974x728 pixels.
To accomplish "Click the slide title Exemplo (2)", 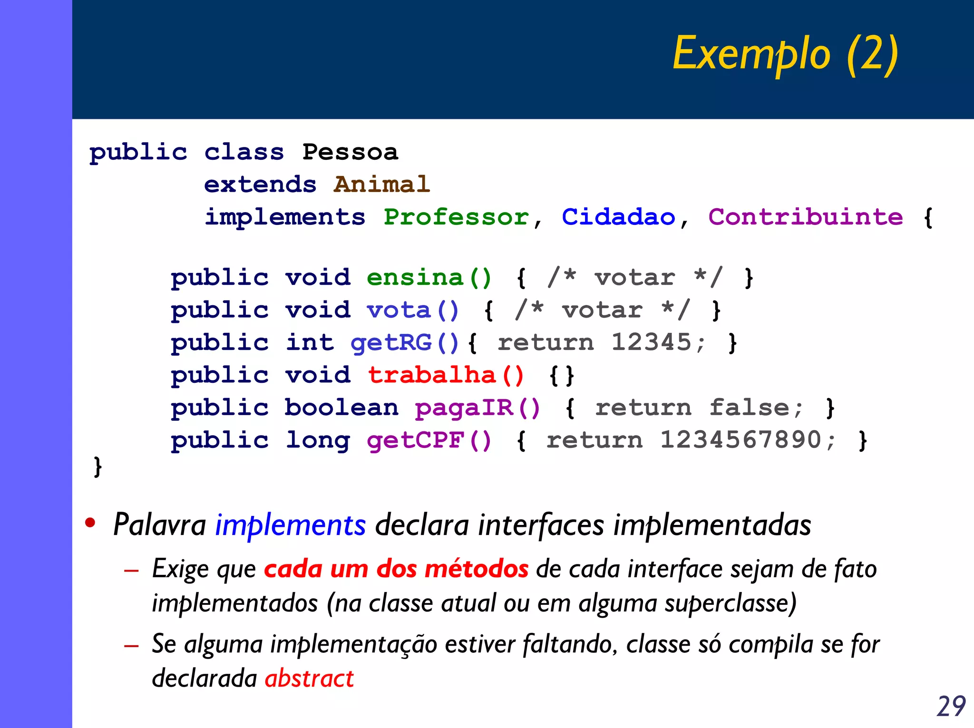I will (785, 54).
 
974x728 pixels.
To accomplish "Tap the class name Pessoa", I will (350, 153).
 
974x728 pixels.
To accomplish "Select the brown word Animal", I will (382, 184).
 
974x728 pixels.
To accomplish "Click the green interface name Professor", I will (456, 217).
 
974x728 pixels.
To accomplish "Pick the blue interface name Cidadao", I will (618, 217).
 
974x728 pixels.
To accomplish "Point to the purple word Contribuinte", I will (805, 217).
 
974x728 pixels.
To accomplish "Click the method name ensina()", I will (429, 278).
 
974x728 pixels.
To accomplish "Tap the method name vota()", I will (412, 311).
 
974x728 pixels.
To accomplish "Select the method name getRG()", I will (405, 343).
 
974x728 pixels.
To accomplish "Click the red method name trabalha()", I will (446, 375).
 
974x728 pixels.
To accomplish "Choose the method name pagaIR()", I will (477, 408).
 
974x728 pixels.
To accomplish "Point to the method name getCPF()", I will (429, 440).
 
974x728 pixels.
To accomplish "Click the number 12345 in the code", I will (651, 342).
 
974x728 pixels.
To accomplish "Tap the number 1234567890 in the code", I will (740, 440).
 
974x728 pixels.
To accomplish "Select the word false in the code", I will (749, 408).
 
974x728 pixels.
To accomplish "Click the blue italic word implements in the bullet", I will (291, 525).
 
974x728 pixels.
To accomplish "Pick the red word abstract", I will (309, 679).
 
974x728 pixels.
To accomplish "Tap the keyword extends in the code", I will (260, 184).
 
